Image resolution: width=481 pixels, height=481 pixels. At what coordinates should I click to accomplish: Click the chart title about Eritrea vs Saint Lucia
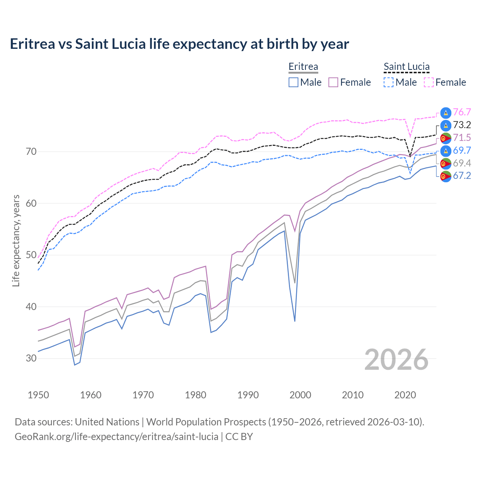pos(179,44)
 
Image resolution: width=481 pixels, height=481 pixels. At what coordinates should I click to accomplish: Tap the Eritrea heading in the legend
pos(303,67)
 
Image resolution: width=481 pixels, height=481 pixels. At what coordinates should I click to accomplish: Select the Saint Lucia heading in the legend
pos(406,67)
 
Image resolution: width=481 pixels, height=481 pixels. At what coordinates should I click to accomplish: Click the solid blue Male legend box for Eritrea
pos(293,82)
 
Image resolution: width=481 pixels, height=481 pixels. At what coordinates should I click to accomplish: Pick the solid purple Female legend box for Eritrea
pos(333,82)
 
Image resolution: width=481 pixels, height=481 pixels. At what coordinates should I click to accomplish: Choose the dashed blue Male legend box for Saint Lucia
pos(389,82)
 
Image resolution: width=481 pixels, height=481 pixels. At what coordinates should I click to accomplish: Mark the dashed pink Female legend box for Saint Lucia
pos(429,82)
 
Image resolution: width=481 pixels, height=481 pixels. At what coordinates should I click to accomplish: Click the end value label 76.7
pos(462,112)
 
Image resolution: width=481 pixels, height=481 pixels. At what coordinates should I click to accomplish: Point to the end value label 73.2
pos(462,125)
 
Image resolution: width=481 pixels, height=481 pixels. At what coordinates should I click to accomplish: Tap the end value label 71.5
pos(462,138)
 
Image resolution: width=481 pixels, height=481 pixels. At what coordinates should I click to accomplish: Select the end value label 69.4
pos(462,163)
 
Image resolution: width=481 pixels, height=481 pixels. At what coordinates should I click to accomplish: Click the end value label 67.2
pos(462,176)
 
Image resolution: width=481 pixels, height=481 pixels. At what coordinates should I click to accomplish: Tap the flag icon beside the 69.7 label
pos(446,151)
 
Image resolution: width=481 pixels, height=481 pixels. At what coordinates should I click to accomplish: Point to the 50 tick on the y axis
pos(31,255)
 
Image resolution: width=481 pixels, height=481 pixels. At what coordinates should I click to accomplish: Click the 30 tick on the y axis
pos(31,358)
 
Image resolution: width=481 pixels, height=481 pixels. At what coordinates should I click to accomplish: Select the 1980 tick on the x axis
pos(195,395)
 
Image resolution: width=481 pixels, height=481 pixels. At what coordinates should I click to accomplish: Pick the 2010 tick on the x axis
pos(352,395)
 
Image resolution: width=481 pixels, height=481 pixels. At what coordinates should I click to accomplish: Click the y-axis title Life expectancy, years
pos(16,240)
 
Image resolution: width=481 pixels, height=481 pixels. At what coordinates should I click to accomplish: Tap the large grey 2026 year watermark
pos(396,360)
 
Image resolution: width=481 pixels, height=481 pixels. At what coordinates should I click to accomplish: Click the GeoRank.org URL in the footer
pos(116,437)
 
